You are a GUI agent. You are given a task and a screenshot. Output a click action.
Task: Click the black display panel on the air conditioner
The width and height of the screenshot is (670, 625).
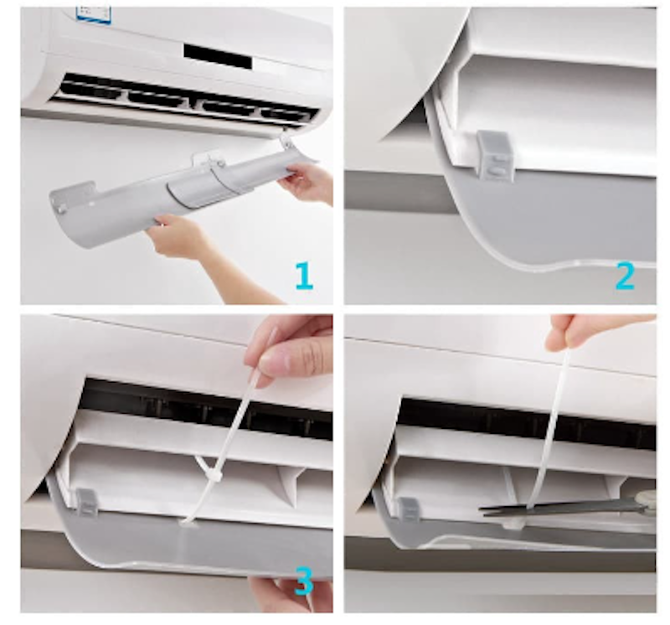tap(218, 56)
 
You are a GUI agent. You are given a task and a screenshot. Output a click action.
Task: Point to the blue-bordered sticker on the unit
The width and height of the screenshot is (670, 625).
tap(94, 14)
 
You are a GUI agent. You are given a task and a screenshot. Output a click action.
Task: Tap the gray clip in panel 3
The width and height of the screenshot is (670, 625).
tap(87, 502)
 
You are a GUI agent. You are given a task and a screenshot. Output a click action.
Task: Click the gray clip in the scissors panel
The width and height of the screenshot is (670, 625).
tap(409, 509)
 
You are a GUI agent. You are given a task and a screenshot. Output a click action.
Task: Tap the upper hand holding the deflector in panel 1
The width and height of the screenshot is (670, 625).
tap(307, 183)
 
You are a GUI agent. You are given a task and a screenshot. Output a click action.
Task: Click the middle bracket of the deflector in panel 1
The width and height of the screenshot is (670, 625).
tap(209, 160)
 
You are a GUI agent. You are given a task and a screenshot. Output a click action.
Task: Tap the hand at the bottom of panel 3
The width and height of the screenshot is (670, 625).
tap(291, 595)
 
